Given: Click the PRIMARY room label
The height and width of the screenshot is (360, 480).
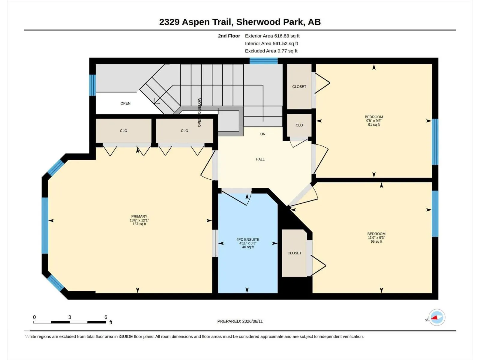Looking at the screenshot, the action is [139, 216].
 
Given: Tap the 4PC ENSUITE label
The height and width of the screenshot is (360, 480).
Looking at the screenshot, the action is [248, 240].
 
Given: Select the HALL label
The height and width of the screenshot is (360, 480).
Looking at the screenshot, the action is [260, 159].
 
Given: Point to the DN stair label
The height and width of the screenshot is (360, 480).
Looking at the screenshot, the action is [263, 134].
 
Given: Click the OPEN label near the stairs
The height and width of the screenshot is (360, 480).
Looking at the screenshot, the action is [125, 103].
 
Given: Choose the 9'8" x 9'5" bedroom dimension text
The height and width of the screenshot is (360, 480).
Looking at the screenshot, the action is [374, 121].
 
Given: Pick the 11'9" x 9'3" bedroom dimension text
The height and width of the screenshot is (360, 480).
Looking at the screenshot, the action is [376, 238].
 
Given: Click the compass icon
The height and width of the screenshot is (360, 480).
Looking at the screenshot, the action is [437, 317].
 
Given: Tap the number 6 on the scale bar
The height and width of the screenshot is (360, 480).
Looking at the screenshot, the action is [106, 317].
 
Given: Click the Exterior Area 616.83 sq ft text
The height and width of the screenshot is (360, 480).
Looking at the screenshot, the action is [272, 36].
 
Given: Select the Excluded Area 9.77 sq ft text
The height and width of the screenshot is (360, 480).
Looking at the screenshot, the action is [271, 51].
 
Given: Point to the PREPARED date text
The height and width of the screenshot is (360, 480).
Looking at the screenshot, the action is [240, 321].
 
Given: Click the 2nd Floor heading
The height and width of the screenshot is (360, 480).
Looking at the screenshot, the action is [229, 36].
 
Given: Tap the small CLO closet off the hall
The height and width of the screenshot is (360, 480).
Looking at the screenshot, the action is [299, 125].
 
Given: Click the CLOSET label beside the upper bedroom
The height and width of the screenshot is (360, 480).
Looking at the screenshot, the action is [299, 87].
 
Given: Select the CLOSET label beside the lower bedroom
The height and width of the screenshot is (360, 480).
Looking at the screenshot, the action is [294, 253].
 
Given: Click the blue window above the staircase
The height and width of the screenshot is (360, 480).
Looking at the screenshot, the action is [263, 61].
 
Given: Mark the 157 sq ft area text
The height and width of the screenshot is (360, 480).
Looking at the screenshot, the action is [139, 224].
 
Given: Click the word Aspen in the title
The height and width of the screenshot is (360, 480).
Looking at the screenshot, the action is [196, 22].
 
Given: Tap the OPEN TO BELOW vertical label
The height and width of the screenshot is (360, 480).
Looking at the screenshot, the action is [199, 112].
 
